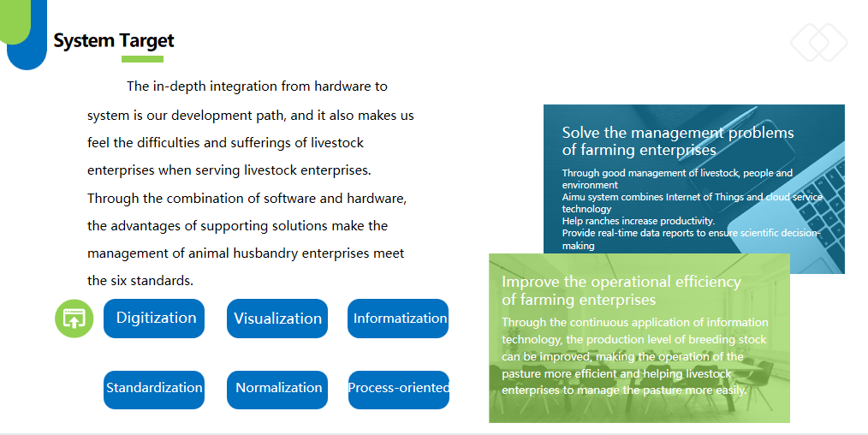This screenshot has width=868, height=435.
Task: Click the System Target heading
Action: pos(114,40)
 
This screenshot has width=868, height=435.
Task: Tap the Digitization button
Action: pos(154,319)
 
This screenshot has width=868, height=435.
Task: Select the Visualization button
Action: pos(277,319)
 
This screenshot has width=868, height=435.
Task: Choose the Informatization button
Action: pos(398,319)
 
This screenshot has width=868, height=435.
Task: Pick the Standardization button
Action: pos(154,390)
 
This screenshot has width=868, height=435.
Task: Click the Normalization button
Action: pos(277,390)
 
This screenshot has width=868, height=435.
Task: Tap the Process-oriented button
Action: pos(399,390)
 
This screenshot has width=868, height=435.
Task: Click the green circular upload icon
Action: pos(74,319)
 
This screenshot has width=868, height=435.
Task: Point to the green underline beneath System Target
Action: pos(142,59)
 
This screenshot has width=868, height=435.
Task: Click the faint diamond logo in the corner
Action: pos(818,43)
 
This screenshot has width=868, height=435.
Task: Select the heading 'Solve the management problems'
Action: pos(678,133)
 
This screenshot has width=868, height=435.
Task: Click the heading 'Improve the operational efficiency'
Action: pos(621,282)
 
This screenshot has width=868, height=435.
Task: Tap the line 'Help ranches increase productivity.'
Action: pos(639,221)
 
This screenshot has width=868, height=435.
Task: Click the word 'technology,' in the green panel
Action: pos(532,340)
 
